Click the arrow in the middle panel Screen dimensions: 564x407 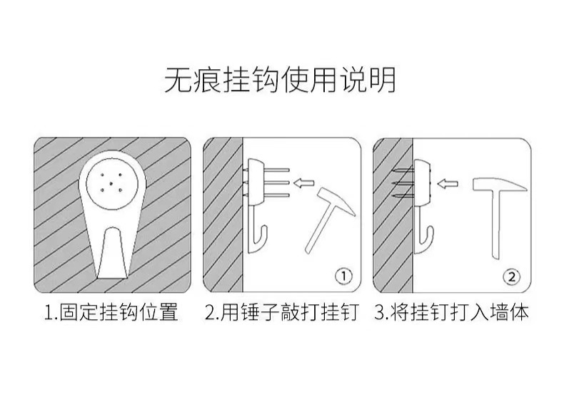305,183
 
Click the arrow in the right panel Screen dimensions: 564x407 448,185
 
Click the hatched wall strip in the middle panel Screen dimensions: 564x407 223,214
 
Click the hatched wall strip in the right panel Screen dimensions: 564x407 393,214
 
